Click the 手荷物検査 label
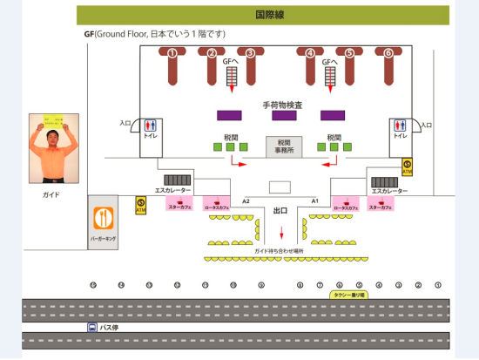pos(282,105)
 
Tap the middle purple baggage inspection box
pos(284,115)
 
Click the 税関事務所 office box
pos(284,146)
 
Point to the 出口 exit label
pos(280,211)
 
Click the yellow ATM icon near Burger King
pos(140,206)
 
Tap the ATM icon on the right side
pos(407,166)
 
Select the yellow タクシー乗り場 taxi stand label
pos(350,295)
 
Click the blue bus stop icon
pos(91,328)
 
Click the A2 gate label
pos(246,200)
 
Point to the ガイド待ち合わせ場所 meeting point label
pos(279,250)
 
